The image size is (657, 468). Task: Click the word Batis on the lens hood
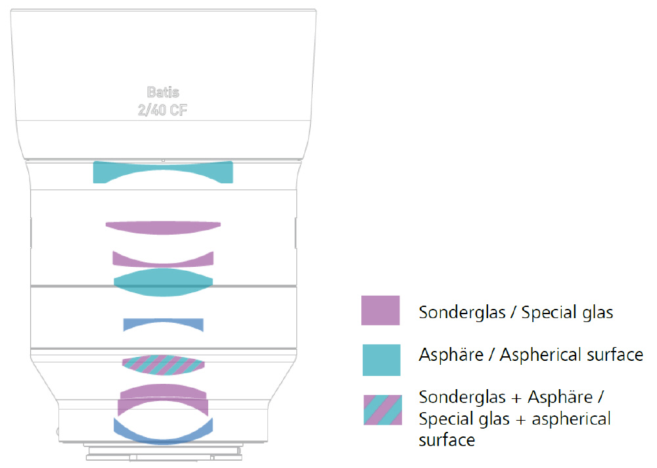(162, 93)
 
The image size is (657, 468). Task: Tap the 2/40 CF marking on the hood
(162, 110)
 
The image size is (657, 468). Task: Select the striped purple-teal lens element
(163, 363)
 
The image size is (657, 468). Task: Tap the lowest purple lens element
(163, 396)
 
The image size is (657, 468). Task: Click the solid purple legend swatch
(380, 310)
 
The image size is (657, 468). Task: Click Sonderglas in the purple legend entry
(461, 312)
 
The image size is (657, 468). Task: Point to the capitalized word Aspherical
(541, 356)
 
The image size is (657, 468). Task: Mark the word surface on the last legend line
(446, 440)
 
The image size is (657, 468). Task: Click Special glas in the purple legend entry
(567, 312)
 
